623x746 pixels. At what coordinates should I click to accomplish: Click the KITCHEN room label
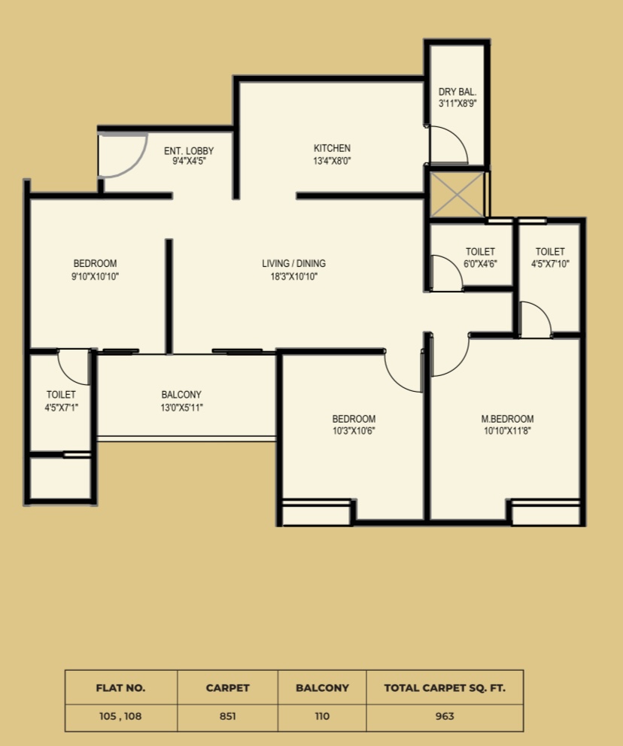point(332,148)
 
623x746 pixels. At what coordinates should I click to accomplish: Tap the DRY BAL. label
point(457,92)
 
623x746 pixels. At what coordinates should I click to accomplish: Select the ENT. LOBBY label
point(189,151)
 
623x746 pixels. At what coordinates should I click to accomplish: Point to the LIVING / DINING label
point(293,263)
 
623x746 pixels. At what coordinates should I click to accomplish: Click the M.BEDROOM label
point(507,419)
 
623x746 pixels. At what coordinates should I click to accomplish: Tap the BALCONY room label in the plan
point(181,394)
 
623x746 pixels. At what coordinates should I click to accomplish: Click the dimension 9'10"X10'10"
point(96,276)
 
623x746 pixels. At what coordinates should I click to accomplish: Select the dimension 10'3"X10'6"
point(354,431)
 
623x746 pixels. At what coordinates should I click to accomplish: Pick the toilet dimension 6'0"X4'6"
point(480,263)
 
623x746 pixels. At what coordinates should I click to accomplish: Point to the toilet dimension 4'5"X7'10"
point(550,263)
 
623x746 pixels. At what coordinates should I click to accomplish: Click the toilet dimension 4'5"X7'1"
point(62,408)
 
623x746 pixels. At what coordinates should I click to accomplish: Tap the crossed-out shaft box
point(457,195)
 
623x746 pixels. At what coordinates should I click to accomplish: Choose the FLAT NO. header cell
point(121,687)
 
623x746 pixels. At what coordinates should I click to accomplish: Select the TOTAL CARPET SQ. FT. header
point(445,687)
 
